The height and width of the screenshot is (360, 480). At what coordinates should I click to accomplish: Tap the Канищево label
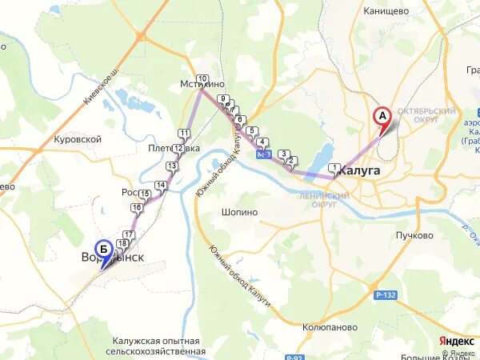coord(386,11)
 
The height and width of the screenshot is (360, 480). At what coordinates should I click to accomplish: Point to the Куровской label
coord(78,139)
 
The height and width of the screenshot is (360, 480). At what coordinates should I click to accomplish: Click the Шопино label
coord(239,213)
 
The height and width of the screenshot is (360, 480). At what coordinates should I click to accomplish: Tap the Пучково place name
coord(414,235)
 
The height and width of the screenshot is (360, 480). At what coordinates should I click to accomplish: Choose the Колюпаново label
coord(329,327)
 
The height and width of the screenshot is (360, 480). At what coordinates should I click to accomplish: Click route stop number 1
coord(332,167)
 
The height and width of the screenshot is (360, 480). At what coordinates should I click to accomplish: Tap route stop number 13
coord(172,166)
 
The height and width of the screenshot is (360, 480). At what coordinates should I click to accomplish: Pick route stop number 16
coord(137,208)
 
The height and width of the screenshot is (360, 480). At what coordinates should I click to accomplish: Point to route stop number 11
coord(184,134)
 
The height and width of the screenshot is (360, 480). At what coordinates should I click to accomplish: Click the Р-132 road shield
coord(385,295)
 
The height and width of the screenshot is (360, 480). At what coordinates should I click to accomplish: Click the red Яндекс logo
coord(457,341)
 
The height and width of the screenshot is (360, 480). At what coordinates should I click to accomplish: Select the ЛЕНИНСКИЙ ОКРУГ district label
coord(323,200)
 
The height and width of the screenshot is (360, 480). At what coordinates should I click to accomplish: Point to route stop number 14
coord(161,186)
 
